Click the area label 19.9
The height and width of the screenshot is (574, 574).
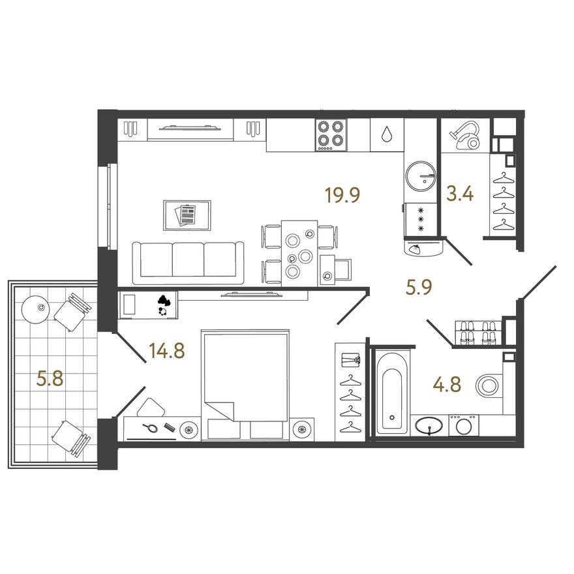(342, 194)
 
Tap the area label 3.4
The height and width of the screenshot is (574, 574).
(459, 194)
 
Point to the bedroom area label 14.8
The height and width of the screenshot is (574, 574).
(167, 352)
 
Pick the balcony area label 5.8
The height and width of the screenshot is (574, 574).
(50, 378)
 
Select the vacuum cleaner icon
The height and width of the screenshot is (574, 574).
(466, 136)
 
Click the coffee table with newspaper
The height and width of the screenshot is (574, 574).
(187, 215)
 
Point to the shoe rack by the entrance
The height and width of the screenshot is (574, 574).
(476, 333)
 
